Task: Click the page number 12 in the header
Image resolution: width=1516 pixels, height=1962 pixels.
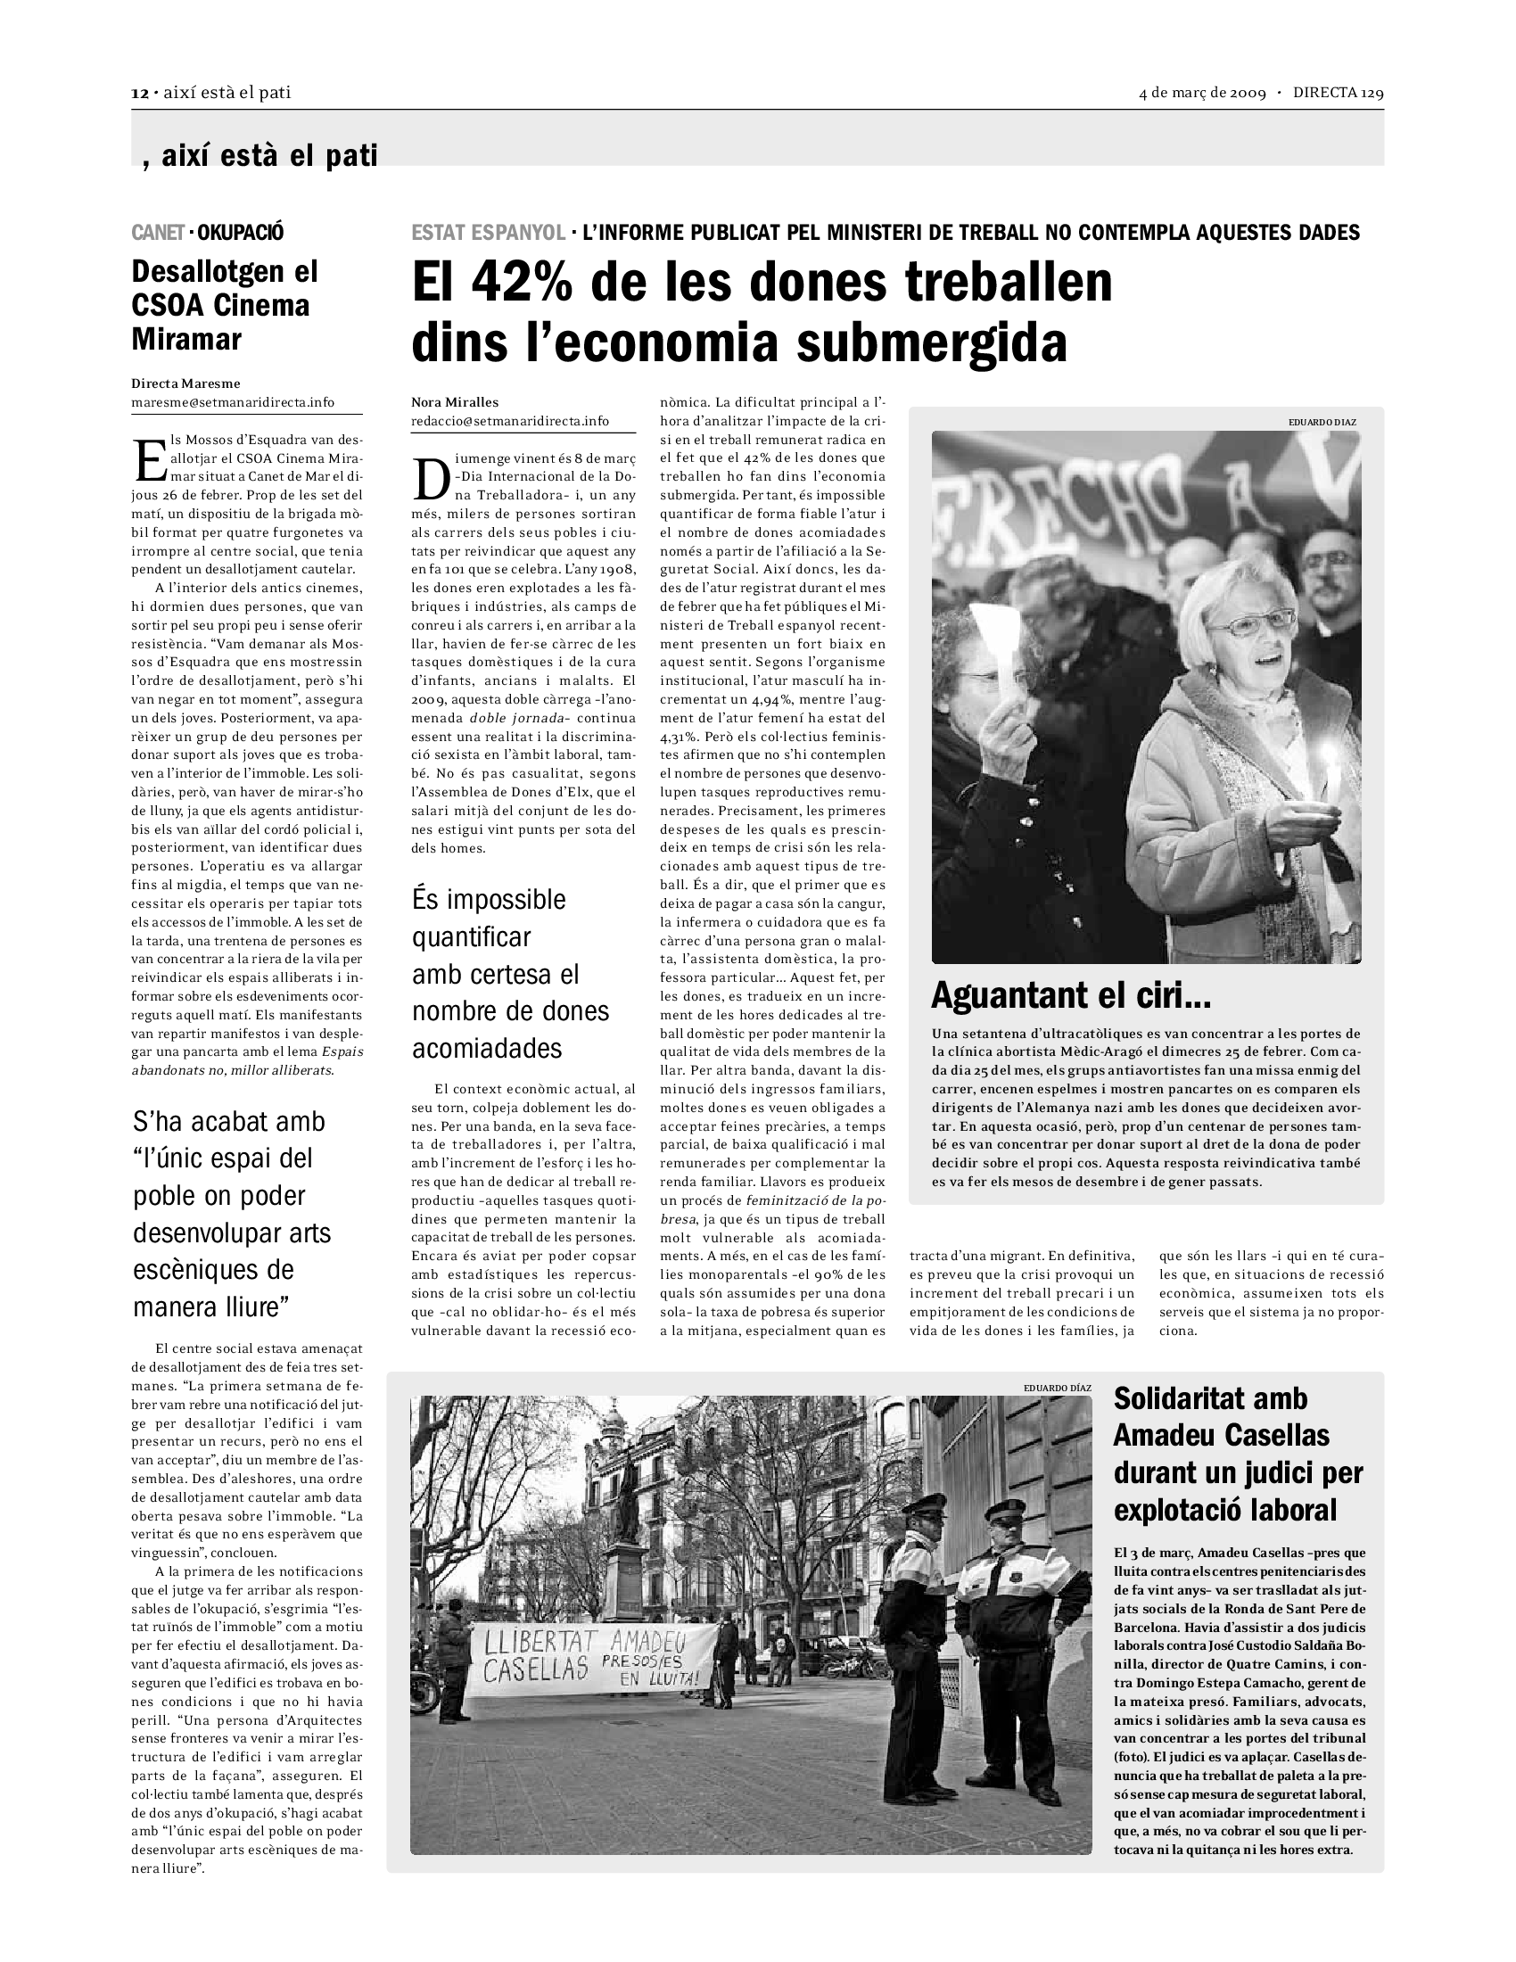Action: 139,94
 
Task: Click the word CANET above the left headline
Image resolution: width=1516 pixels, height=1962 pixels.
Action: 158,233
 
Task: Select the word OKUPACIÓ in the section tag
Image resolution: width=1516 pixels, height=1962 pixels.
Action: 240,233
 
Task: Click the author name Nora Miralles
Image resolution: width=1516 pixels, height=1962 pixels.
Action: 455,402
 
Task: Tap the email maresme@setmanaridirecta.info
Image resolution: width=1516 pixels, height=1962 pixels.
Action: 233,402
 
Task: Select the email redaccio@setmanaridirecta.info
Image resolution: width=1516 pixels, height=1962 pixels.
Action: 510,420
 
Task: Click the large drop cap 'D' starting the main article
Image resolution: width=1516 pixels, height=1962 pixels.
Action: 431,482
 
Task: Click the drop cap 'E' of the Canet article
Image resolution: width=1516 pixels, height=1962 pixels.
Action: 148,461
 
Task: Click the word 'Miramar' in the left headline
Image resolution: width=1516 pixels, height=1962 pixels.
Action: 186,340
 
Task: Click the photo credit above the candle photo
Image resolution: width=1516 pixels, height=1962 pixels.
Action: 1322,421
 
